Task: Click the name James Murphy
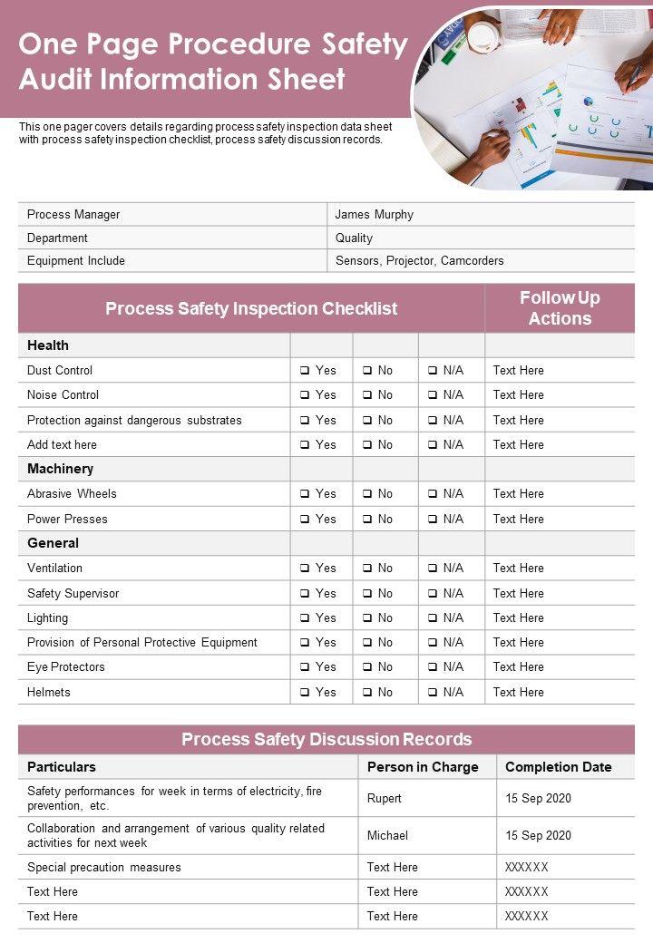374,215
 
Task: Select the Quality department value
354,238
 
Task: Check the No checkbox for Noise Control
367,395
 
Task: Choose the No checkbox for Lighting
367,618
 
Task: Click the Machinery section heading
60,469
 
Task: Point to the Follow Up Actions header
560,308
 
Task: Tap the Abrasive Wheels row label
72,494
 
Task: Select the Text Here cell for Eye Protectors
518,667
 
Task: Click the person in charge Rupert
384,799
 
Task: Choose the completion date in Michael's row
538,835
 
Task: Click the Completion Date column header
558,767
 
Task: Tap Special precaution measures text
104,868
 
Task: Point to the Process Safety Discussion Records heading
326,739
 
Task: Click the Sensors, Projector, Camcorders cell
419,261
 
